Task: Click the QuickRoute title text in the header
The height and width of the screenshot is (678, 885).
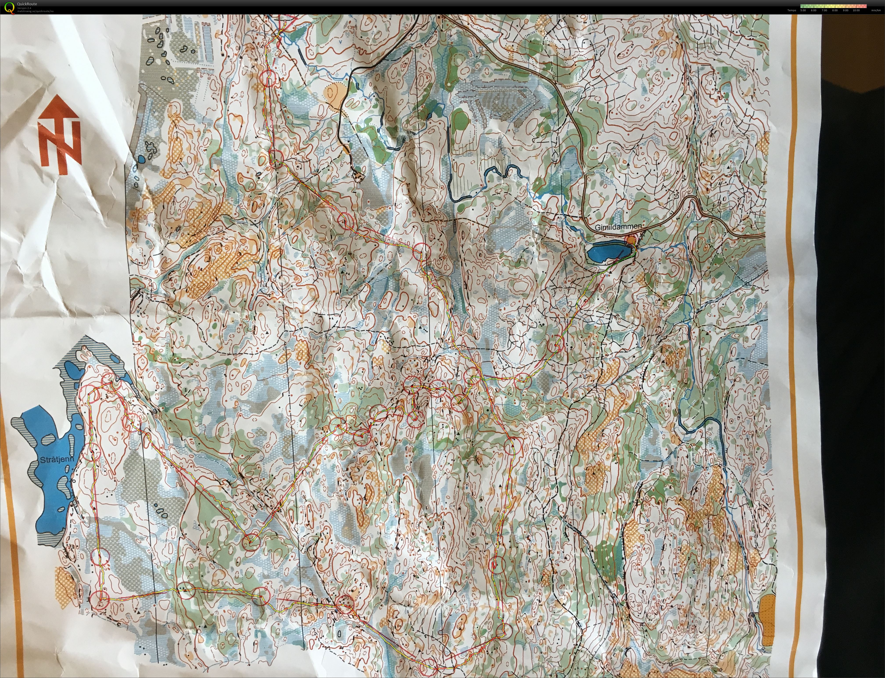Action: tap(27, 4)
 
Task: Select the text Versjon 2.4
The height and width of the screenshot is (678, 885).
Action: tap(24, 8)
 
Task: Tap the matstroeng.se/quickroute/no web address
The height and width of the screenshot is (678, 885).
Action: tap(36, 11)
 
